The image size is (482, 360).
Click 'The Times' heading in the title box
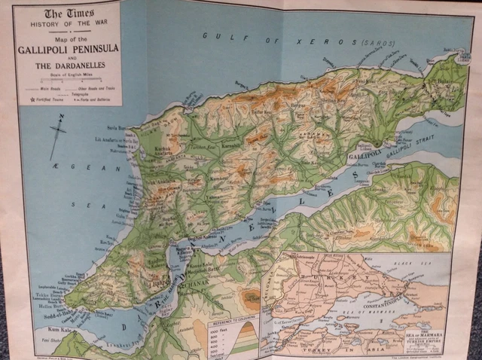[63, 14]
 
